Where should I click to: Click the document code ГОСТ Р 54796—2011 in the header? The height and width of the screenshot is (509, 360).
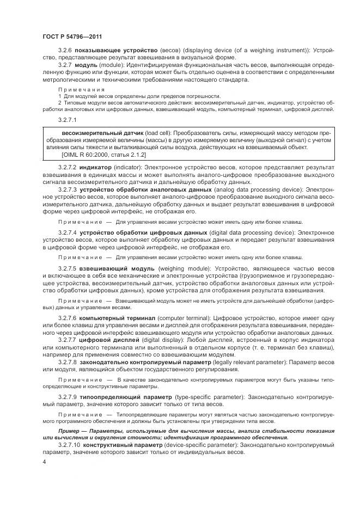70,35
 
